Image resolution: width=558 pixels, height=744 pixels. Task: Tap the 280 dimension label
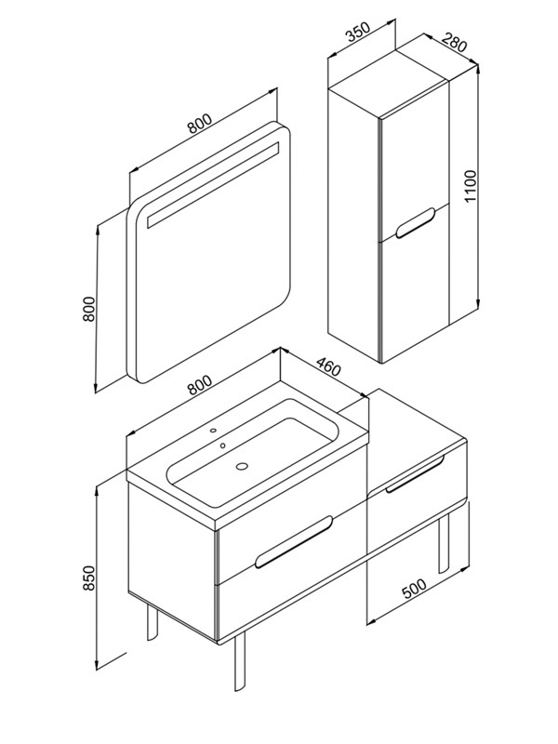tap(455, 42)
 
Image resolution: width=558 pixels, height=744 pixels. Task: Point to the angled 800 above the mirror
tap(199, 124)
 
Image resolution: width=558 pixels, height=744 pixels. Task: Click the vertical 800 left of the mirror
tap(89, 310)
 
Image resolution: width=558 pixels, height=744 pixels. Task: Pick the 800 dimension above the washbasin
tap(199, 385)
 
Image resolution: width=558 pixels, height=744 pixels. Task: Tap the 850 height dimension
tap(89, 578)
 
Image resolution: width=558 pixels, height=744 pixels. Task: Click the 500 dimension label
tap(414, 588)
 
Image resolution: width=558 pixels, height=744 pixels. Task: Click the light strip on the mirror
tap(212, 185)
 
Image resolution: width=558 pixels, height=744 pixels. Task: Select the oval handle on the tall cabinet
tap(416, 222)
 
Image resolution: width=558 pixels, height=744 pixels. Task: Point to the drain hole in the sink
tap(243, 467)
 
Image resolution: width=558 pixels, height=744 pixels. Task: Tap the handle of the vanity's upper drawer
tap(294, 541)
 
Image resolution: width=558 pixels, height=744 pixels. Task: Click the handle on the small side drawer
tap(415, 474)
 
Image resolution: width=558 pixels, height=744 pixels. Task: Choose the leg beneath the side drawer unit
tap(444, 545)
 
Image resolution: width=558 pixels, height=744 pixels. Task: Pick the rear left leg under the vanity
tap(153, 623)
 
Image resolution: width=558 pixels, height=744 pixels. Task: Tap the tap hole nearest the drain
tap(222, 446)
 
